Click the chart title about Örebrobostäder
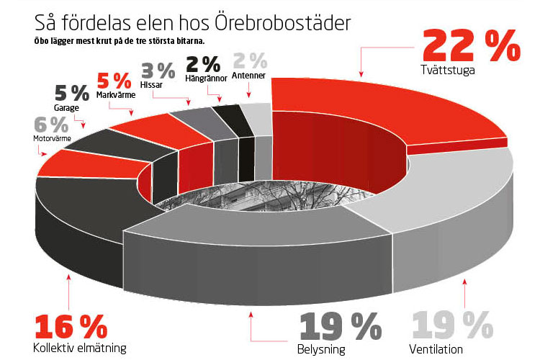[x=183, y=22]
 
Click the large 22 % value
[x=471, y=46]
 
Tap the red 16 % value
[x=69, y=328]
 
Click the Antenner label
[x=248, y=78]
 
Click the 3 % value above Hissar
[x=158, y=70]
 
